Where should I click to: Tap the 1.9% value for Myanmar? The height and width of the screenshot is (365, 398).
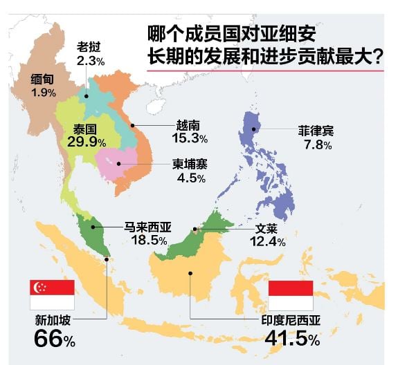[43, 92]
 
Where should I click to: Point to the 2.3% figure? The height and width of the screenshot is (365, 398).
[91, 61]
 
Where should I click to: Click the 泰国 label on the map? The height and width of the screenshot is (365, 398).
[86, 129]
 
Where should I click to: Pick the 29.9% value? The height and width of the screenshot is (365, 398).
[87, 142]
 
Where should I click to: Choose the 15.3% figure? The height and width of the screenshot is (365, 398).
[189, 138]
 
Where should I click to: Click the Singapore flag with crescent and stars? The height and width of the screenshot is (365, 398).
[51, 294]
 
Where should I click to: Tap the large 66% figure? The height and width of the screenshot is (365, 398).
[54, 339]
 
